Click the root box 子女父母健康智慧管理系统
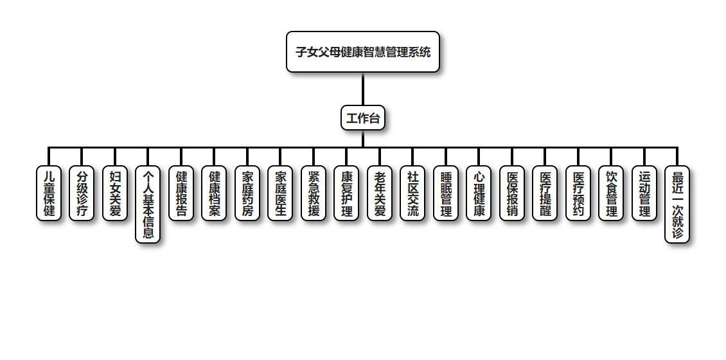click(x=363, y=52)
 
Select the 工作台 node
click(x=363, y=118)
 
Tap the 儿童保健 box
click(x=49, y=194)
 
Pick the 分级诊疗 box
click(x=82, y=194)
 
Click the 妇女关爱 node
click(x=115, y=194)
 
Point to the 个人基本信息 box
click(x=148, y=204)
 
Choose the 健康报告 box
click(x=181, y=194)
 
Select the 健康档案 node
click(x=214, y=194)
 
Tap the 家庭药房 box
click(x=247, y=194)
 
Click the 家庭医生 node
click(x=280, y=194)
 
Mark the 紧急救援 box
click(x=314, y=194)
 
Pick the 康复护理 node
click(x=346, y=194)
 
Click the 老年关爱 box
click(x=380, y=194)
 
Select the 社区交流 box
click(x=412, y=194)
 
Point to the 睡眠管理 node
click(x=446, y=194)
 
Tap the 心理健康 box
click(x=479, y=194)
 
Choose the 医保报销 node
click(x=512, y=194)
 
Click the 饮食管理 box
click(x=611, y=194)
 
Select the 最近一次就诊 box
click(x=677, y=204)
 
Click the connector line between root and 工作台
click(x=363, y=89)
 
